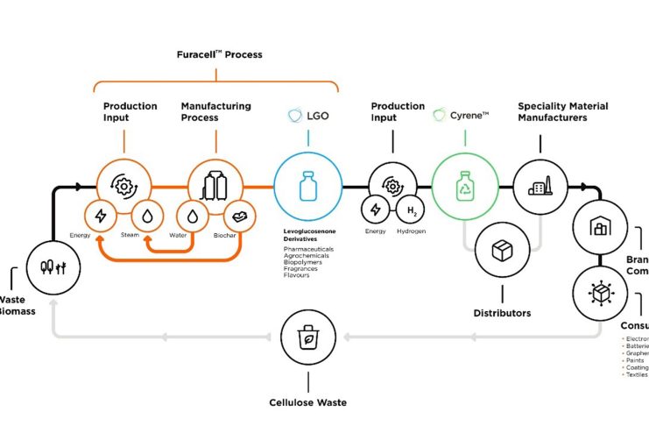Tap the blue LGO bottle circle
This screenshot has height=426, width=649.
coord(307,187)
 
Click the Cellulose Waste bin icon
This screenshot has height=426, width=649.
coord(307,336)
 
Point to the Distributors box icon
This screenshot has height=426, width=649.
coord(502,251)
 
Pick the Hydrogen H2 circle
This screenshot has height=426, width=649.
coord(411,210)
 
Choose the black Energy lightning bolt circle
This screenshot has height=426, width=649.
coord(376,210)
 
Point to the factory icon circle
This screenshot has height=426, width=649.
coord(537,187)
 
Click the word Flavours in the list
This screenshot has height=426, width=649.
coord(296,275)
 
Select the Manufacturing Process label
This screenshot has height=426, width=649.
coord(215,111)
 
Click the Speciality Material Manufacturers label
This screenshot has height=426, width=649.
coord(562,111)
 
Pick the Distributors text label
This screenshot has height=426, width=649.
coord(502,313)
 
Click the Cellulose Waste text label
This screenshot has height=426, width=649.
coord(307,403)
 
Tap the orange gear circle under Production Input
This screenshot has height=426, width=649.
coord(123,185)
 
